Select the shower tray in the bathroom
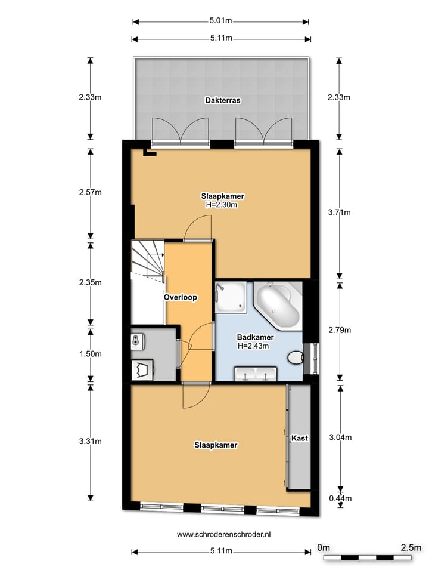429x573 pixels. pyautogui.click(x=230, y=297)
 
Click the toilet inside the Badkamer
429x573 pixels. pyautogui.click(x=295, y=358)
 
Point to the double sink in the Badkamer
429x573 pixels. pyautogui.click(x=255, y=374)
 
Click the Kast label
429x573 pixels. pyautogui.click(x=299, y=438)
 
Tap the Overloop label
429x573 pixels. pyautogui.click(x=181, y=297)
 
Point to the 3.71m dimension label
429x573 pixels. pyautogui.click(x=340, y=212)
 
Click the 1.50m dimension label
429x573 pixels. pyautogui.click(x=91, y=353)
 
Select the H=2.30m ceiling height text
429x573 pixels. pyautogui.click(x=222, y=204)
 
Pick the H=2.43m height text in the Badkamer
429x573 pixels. pyautogui.click(x=253, y=346)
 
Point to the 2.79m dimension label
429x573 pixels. pyautogui.click(x=340, y=329)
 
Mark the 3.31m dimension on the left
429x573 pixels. pyautogui.click(x=91, y=442)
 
